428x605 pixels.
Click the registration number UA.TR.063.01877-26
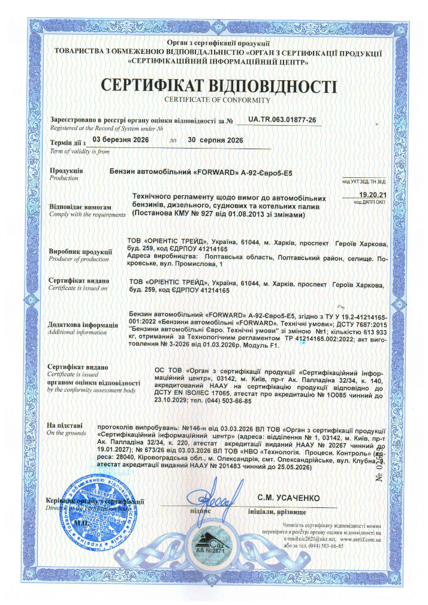pyautogui.click(x=282, y=120)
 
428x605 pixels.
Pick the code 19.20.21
pyautogui.click(x=372, y=195)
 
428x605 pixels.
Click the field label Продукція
pyautogui.click(x=66, y=171)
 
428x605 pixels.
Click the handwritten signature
pyautogui.click(x=204, y=498)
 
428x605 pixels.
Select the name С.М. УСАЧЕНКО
pyautogui.click(x=288, y=498)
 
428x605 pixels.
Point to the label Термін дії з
pyautogui.click(x=68, y=143)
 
